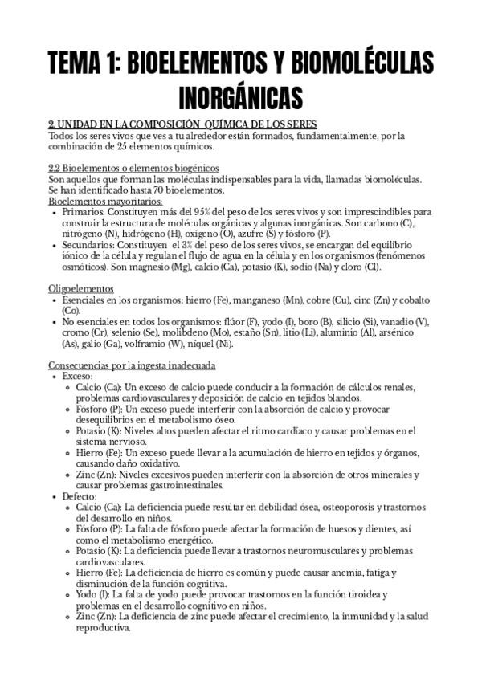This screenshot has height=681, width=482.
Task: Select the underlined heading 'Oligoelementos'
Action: point(81,287)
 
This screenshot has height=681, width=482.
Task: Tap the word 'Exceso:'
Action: point(80,376)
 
